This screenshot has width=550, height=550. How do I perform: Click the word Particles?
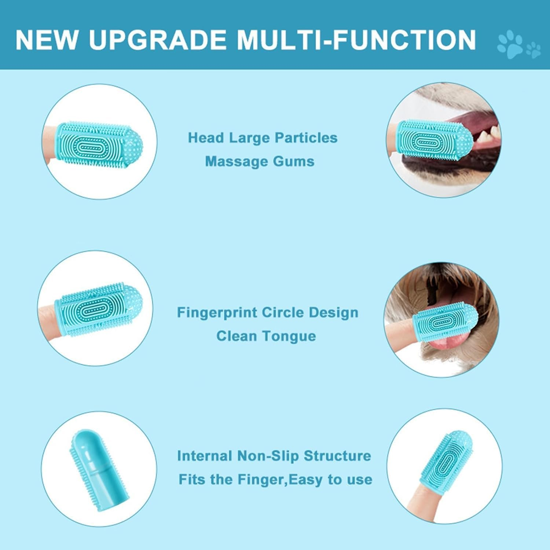[306, 138]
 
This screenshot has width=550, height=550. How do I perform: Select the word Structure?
[337, 456]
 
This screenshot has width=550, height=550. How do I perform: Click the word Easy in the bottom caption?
[303, 480]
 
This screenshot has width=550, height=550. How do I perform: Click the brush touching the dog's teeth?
[435, 142]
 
